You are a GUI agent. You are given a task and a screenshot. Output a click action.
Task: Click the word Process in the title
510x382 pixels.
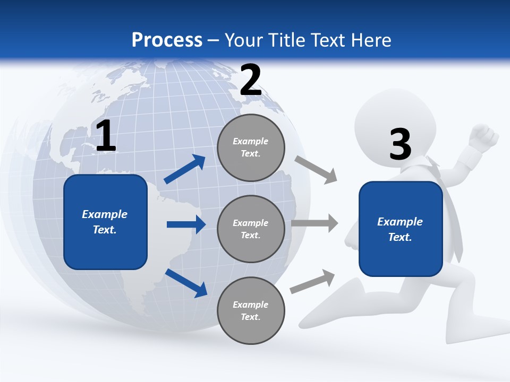(167, 40)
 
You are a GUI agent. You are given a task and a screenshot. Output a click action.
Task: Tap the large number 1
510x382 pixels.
(106, 136)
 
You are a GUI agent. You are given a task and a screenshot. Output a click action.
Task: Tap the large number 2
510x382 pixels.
(251, 80)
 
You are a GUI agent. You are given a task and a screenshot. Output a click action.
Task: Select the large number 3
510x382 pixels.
(400, 144)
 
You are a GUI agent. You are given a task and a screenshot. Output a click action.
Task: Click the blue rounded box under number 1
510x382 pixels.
(105, 222)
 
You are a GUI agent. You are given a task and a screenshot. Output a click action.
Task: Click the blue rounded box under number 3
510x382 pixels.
(401, 229)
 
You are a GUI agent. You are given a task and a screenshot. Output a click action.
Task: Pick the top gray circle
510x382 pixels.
(251, 147)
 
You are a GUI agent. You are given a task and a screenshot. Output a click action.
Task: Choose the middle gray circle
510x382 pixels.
(251, 229)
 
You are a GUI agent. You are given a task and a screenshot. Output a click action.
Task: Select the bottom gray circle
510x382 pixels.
(251, 310)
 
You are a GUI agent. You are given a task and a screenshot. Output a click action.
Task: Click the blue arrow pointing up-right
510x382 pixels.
(185, 169)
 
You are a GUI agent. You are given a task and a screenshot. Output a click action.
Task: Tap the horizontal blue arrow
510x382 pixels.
(186, 224)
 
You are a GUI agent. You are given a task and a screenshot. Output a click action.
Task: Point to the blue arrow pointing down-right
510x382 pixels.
(186, 283)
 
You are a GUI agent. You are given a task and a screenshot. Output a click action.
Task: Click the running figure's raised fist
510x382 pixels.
(484, 137)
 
